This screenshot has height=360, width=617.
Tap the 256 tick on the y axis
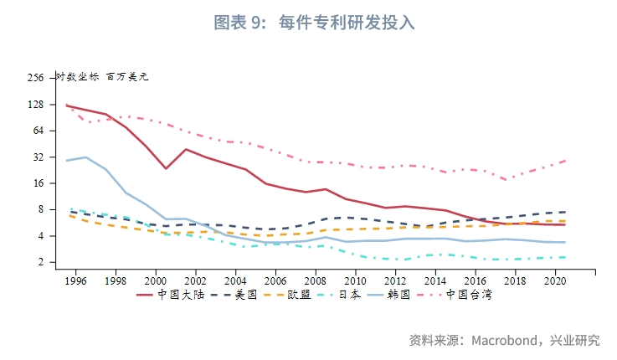(35, 78)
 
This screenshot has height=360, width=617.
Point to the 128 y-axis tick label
(35, 105)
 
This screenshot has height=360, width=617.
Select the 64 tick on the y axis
(38, 131)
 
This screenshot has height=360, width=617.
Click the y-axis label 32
(38, 157)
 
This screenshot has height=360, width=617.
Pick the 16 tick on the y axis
(38, 183)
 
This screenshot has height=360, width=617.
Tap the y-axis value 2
(40, 262)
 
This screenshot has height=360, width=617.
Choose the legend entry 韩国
(410, 295)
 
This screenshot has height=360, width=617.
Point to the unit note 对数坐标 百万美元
(101, 77)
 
